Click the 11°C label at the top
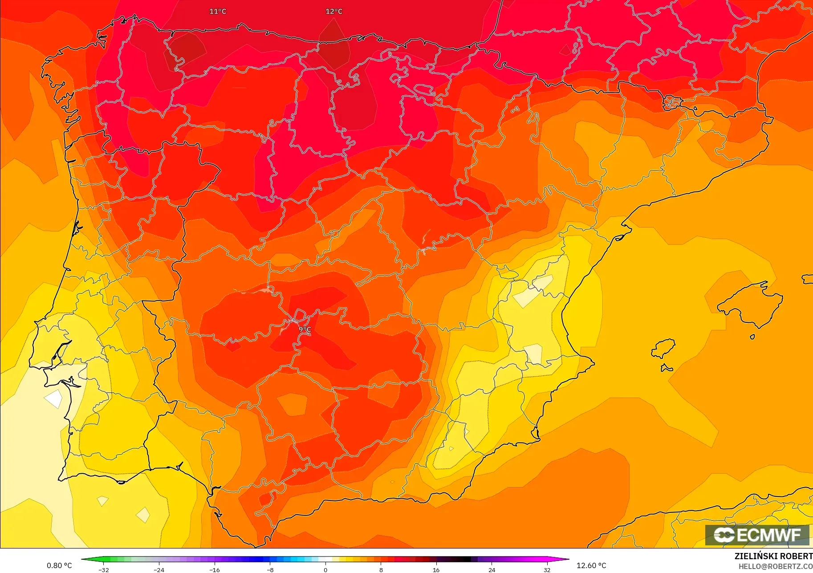tap(218, 11)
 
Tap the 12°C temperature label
tap(334, 11)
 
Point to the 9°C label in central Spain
tap(305, 329)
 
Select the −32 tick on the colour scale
tap(103, 569)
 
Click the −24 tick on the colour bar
tap(159, 569)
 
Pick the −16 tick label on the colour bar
tap(214, 569)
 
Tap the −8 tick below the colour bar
tap(270, 569)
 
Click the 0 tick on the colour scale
tap(325, 569)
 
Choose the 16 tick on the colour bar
tap(436, 569)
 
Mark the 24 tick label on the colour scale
tap(492, 569)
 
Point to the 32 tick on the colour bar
tap(547, 569)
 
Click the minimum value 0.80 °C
tap(59, 565)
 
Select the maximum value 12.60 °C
tap(591, 565)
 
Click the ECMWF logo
tap(757, 535)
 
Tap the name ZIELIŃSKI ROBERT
tap(773, 556)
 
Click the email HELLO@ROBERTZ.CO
tap(775, 566)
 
